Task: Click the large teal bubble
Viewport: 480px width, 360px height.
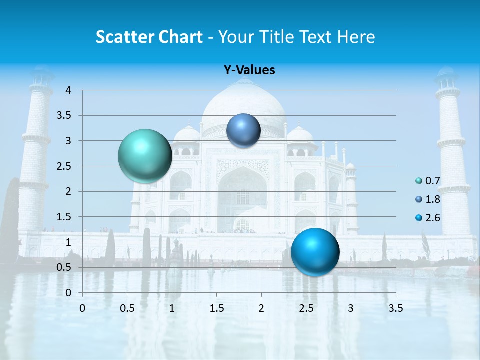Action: pyautogui.click(x=145, y=156)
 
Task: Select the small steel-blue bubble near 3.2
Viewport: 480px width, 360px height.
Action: pyautogui.click(x=243, y=130)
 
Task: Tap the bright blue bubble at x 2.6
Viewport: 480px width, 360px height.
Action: pyautogui.click(x=315, y=251)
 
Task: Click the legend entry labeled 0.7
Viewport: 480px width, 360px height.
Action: pyautogui.click(x=428, y=181)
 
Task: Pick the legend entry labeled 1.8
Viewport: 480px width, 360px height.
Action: pyautogui.click(x=428, y=199)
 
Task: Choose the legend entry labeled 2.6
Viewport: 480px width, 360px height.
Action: pyautogui.click(x=428, y=218)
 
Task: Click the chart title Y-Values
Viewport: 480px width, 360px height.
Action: pyautogui.click(x=249, y=70)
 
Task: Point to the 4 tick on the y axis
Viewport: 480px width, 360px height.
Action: pyautogui.click(x=68, y=90)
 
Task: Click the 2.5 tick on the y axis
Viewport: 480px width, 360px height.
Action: pyautogui.click(x=64, y=166)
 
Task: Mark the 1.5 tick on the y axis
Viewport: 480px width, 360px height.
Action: pyautogui.click(x=64, y=217)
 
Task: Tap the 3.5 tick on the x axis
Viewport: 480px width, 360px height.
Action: pyautogui.click(x=395, y=308)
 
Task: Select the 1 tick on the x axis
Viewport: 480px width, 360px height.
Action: pyautogui.click(x=172, y=308)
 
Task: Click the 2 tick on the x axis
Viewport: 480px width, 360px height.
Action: pyautogui.click(x=261, y=308)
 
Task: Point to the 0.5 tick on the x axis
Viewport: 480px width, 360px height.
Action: pyautogui.click(x=127, y=308)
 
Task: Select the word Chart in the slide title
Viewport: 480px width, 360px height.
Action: pyautogui.click(x=180, y=37)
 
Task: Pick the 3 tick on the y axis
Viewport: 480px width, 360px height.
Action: pyautogui.click(x=68, y=141)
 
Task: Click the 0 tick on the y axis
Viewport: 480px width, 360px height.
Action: pyautogui.click(x=68, y=293)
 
